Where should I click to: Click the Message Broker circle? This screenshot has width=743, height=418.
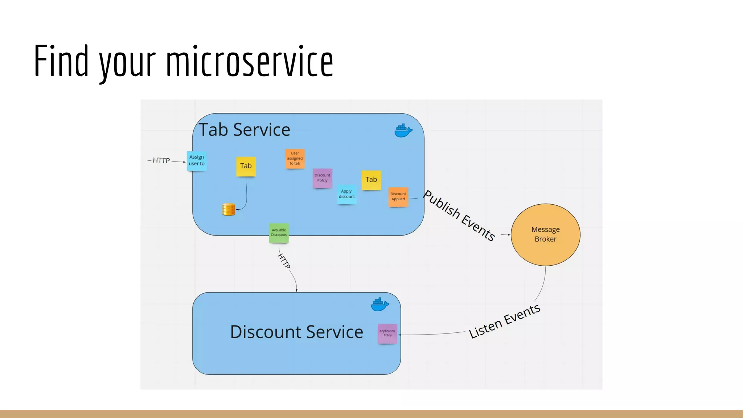click(545, 235)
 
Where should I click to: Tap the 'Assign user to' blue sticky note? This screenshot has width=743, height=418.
click(197, 161)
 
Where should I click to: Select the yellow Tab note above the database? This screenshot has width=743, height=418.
click(246, 166)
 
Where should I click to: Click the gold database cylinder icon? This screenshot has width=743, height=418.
click(229, 209)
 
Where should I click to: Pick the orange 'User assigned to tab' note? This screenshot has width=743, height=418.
click(295, 159)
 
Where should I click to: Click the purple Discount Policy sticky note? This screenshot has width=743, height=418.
click(322, 178)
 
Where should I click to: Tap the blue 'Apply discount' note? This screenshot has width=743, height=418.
click(347, 194)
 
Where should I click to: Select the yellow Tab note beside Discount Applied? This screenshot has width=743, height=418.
click(371, 180)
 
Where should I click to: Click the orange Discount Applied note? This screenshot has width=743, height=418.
click(398, 197)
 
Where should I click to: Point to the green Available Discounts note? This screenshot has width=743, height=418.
click(279, 233)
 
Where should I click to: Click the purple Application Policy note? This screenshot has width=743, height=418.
click(387, 333)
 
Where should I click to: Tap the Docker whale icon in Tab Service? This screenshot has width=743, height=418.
click(403, 131)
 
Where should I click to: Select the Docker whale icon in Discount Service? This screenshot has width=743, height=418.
click(380, 304)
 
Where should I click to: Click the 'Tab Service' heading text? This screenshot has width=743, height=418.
click(245, 130)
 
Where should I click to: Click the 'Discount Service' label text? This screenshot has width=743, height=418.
click(296, 332)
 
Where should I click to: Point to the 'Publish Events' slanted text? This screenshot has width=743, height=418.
click(459, 215)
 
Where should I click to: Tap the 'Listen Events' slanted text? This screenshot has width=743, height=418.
click(504, 321)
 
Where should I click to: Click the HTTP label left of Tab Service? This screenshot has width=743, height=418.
click(161, 160)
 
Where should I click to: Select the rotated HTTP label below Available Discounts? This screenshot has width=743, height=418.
click(284, 261)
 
